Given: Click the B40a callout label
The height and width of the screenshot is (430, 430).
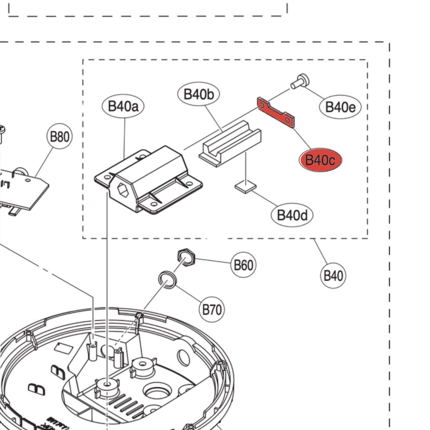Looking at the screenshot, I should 123,106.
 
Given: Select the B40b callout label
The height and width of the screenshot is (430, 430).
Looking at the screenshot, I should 199,94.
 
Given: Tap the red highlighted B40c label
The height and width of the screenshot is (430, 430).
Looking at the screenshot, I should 320,160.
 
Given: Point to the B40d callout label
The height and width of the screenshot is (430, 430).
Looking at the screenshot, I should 292,215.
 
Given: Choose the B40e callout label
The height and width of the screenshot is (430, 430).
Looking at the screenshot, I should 340,106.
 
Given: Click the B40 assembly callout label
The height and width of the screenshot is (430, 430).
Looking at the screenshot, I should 333,276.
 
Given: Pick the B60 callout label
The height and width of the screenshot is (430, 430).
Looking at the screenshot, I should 243,265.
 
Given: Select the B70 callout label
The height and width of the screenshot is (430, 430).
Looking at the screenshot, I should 212,310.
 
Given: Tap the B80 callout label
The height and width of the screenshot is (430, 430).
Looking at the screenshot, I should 59,137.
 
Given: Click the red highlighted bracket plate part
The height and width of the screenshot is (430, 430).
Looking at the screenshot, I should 276,112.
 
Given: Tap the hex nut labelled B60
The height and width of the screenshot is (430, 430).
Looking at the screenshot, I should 186,257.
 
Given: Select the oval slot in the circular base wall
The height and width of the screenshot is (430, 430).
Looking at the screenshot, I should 184,356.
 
